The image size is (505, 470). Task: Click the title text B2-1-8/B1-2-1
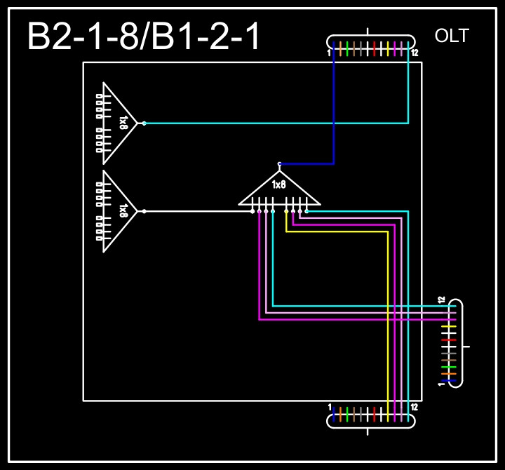click(x=144, y=36)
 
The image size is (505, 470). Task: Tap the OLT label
click(x=452, y=36)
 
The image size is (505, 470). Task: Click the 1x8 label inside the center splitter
click(x=279, y=185)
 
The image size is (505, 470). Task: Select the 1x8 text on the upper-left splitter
click(x=123, y=123)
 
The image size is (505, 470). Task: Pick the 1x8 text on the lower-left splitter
click(x=123, y=210)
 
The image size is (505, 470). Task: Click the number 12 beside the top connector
click(x=415, y=53)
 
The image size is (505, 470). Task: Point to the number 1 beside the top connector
click(x=329, y=53)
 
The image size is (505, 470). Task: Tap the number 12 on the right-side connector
click(x=442, y=300)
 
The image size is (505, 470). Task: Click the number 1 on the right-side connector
click(x=442, y=384)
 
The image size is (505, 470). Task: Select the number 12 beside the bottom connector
click(x=415, y=408)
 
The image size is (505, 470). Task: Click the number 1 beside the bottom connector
click(x=330, y=408)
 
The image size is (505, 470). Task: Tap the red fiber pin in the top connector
click(x=375, y=48)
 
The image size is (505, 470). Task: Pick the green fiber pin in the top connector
click(x=347, y=48)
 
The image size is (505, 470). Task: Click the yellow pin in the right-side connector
click(x=449, y=326)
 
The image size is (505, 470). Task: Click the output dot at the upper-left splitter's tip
click(x=144, y=123)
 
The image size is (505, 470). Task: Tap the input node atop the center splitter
click(x=279, y=164)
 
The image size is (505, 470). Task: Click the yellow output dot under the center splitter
click(x=286, y=210)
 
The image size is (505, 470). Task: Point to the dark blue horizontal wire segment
click(x=307, y=164)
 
